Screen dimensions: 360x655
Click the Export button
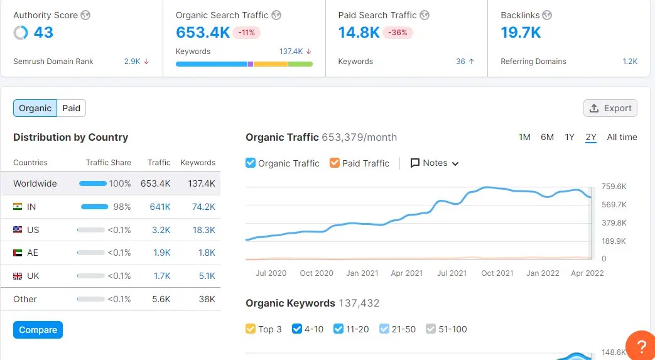pyautogui.click(x=610, y=108)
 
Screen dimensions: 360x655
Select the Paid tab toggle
pyautogui.click(x=72, y=108)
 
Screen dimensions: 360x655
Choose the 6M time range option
pyautogui.click(x=547, y=137)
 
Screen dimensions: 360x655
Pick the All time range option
pyautogui.click(x=622, y=137)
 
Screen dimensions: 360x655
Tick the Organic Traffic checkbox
pyautogui.click(x=251, y=163)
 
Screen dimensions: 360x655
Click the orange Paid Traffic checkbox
pyautogui.click(x=335, y=163)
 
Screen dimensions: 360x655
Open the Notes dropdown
pyautogui.click(x=435, y=163)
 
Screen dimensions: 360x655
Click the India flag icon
pyautogui.click(x=18, y=207)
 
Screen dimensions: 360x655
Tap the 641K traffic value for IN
pyautogui.click(x=160, y=207)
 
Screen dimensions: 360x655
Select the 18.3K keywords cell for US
pyautogui.click(x=204, y=230)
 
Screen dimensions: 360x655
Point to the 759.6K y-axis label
pyautogui.click(x=614, y=187)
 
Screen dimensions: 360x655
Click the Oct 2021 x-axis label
pyautogui.click(x=497, y=273)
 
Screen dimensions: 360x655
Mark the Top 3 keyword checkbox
pyautogui.click(x=251, y=329)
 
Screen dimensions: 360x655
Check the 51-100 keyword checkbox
pyautogui.click(x=431, y=329)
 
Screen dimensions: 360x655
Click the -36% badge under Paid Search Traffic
pyautogui.click(x=398, y=33)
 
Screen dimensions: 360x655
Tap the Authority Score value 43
pyautogui.click(x=43, y=33)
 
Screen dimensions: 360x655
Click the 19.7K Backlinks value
pyautogui.click(x=521, y=33)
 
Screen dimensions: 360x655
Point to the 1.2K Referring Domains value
pyautogui.click(x=629, y=62)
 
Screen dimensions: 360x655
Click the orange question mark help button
pyautogui.click(x=641, y=345)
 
